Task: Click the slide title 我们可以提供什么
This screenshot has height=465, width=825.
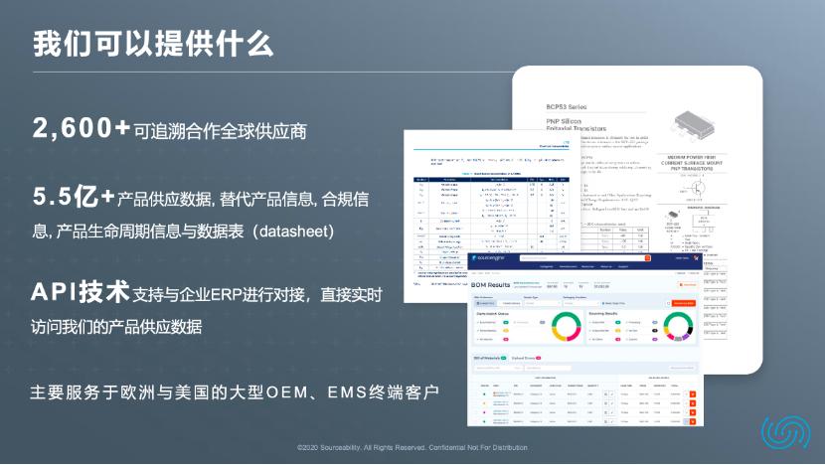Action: coord(153,45)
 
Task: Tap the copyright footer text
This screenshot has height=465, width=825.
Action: coord(412,448)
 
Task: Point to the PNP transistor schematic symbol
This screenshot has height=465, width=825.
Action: coord(700,193)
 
